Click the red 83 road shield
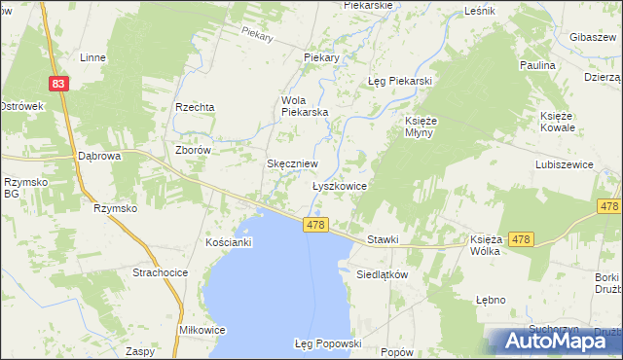tap(60, 85)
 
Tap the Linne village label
tap(92, 57)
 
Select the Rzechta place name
tap(194, 107)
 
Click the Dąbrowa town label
tap(98, 156)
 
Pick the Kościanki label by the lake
tap(230, 241)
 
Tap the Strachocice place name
tap(160, 272)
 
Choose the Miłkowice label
tap(202, 330)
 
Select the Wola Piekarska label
tap(305, 105)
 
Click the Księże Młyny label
tap(422, 127)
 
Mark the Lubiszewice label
tap(564, 165)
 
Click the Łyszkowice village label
tap(339, 185)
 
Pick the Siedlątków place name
tap(381, 274)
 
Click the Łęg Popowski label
tap(327, 343)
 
